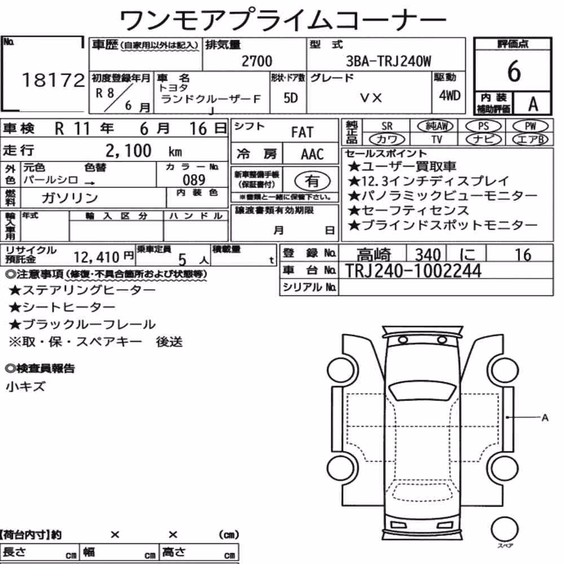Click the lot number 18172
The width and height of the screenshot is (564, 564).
pos(53,80)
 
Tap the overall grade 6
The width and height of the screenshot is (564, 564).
pos(514,71)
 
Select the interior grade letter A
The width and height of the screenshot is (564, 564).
pos(533,104)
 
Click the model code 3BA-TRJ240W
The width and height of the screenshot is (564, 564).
pos(389,61)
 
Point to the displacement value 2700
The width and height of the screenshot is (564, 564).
pos(257,61)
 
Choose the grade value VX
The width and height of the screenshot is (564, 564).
pos(371,98)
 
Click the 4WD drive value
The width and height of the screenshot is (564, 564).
pos(450,95)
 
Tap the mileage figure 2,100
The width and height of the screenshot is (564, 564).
pos(129,151)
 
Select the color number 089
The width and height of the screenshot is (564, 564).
pos(194,179)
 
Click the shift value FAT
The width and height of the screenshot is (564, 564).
pos(302,133)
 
